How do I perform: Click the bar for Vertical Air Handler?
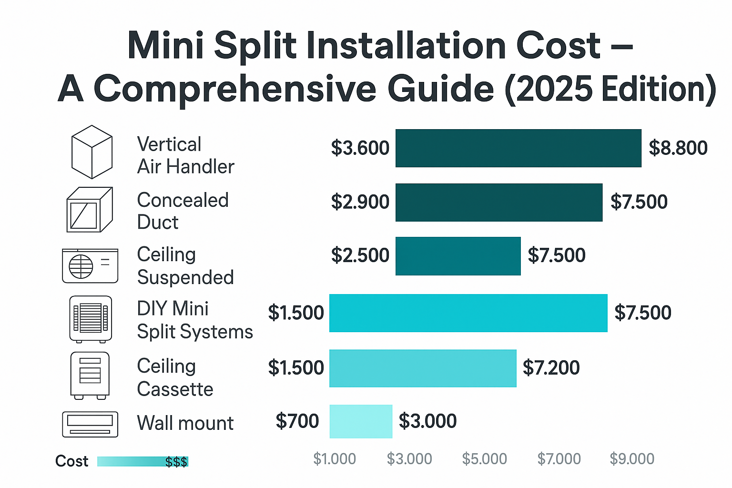coord(518,148)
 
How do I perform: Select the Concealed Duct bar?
coord(498,203)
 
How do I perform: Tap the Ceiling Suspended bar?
coord(457,256)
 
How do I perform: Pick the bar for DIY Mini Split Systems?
coord(468,313)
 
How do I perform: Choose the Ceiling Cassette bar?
coord(423,368)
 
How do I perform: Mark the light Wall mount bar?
coord(361,421)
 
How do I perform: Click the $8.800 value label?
coord(678,148)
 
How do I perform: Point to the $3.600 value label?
coord(360,148)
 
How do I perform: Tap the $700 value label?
coord(297,421)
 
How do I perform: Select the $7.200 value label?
coord(551,368)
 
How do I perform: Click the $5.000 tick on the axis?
coord(484,459)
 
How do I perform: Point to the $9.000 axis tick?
coord(632,459)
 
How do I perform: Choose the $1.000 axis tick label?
coord(334,459)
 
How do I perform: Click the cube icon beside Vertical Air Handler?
coord(91,152)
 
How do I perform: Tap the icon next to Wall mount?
coord(90,424)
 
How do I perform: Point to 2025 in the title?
coord(554,89)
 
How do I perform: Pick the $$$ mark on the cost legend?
coord(176,462)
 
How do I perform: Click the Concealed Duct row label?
coord(183,211)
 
